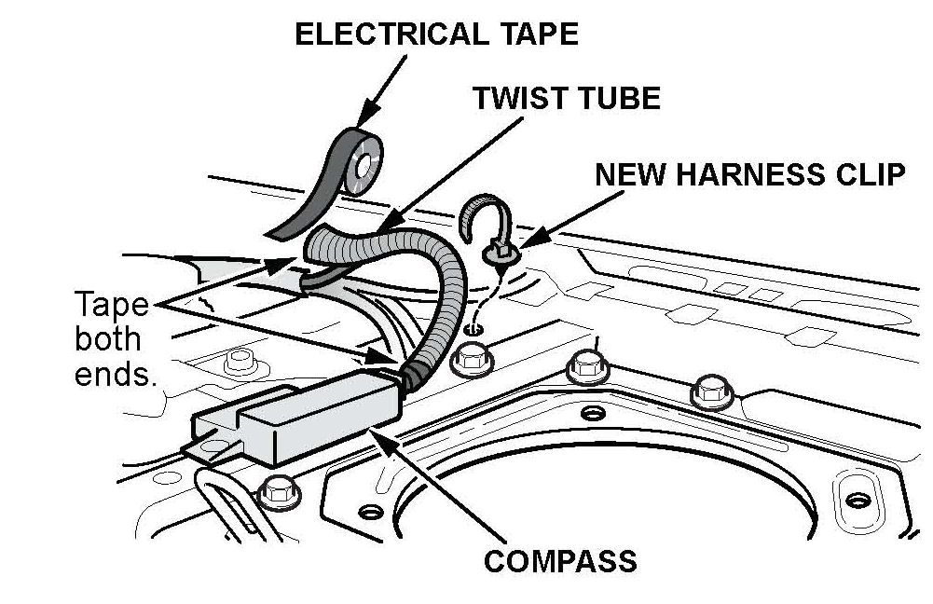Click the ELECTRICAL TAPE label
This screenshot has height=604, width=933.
point(436,34)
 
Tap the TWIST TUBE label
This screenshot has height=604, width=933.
point(566,98)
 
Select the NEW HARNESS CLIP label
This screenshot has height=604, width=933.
point(749,174)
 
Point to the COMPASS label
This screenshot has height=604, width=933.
point(560,561)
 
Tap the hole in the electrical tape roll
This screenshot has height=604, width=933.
point(359,169)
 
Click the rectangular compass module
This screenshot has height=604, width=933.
point(298,416)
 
